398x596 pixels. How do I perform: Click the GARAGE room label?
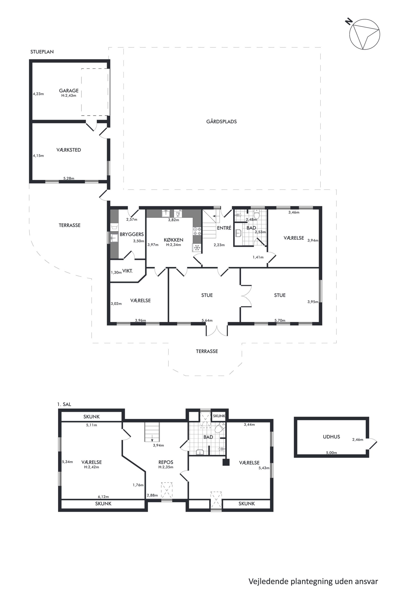[69, 91]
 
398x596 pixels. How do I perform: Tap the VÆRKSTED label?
[69, 150]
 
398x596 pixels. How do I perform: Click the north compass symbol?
[363, 33]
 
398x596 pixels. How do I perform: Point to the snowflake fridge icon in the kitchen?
[197, 248]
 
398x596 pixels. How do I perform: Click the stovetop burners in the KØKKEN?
[197, 231]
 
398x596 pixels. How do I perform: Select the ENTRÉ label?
[224, 228]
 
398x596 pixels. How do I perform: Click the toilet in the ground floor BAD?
[257, 214]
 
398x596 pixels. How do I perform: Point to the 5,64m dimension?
[207, 320]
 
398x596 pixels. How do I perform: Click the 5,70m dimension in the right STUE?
[280, 320]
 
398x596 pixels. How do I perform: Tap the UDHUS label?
[331, 437]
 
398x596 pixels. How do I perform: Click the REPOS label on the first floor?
[166, 462]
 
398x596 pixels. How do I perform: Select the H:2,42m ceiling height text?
[91, 467]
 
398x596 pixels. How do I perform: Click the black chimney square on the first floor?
[226, 462]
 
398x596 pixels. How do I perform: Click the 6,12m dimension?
[103, 497]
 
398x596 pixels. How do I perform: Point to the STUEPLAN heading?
[42, 52]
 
